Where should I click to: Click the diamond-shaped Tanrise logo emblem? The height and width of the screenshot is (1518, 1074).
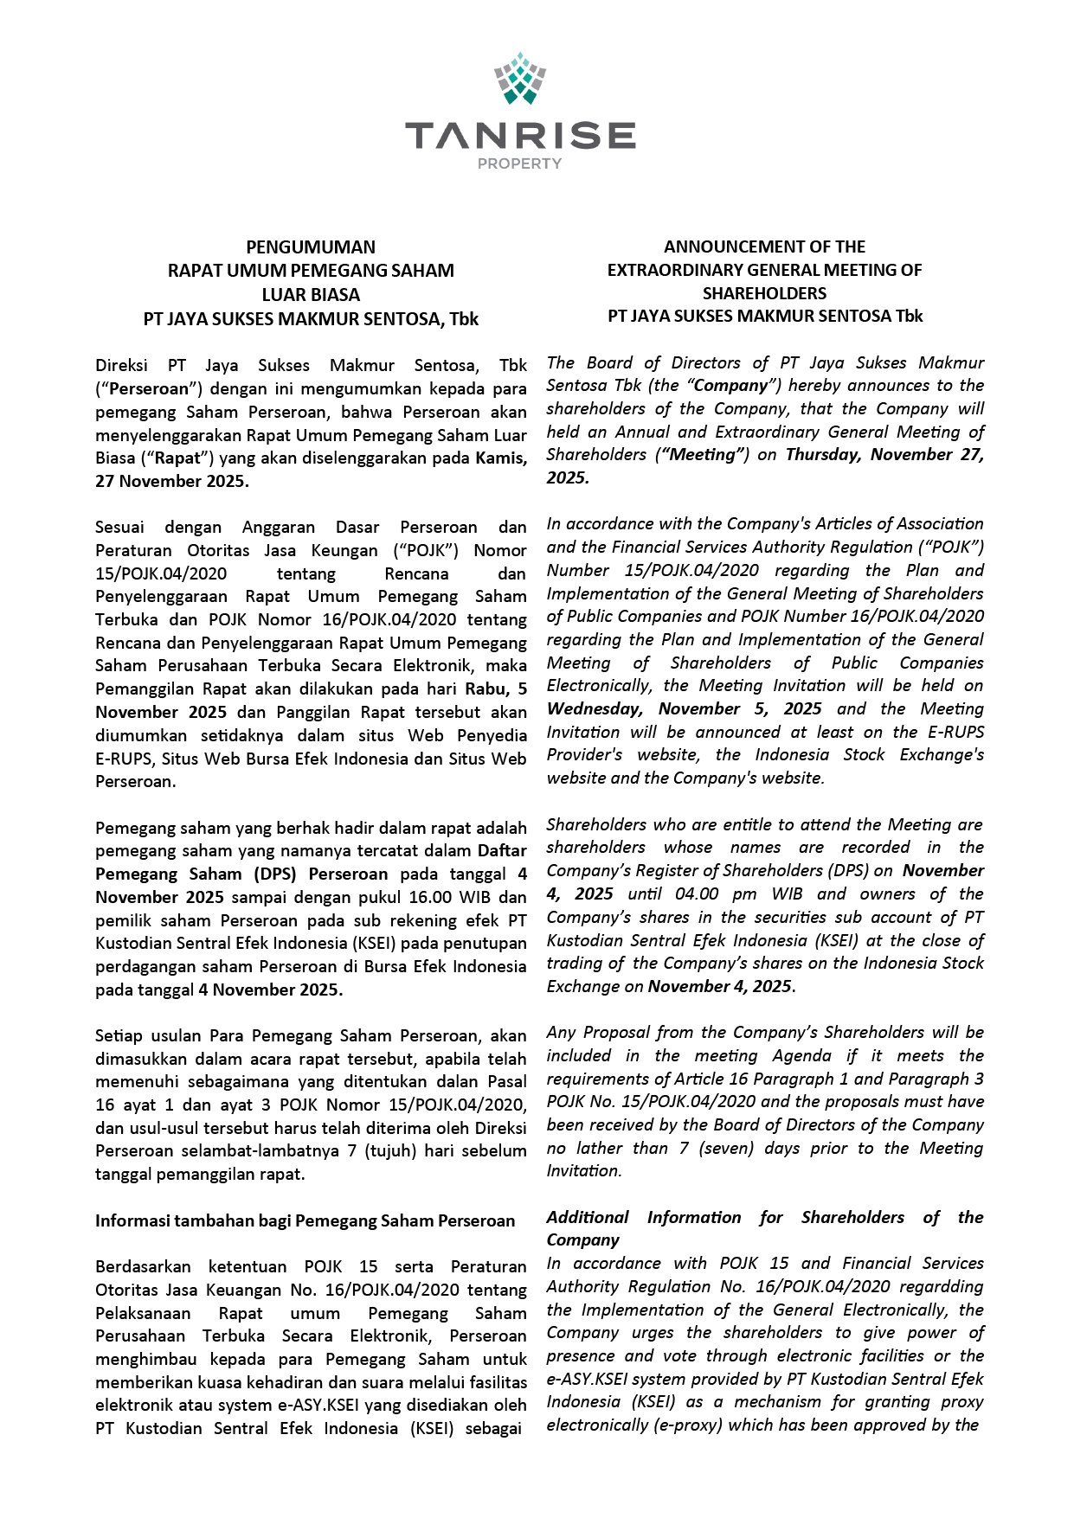(x=519, y=79)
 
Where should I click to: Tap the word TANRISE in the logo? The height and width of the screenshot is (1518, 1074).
(x=519, y=136)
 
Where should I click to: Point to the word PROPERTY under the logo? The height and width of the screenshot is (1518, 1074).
(x=519, y=163)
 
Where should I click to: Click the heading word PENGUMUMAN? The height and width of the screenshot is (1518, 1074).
(x=311, y=247)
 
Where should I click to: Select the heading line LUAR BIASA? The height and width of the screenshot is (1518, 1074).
(x=311, y=294)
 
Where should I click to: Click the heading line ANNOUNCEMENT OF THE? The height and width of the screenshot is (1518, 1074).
(x=764, y=247)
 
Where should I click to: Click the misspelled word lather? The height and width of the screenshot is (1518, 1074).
(x=598, y=1149)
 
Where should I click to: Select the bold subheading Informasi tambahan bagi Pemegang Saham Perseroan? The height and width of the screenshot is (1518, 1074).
(x=305, y=1221)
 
